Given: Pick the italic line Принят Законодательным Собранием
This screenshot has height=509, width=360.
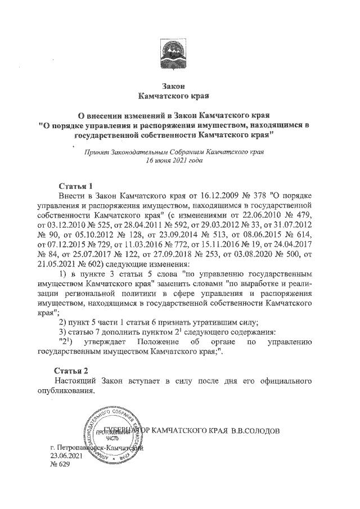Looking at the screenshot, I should pyautogui.click(x=173, y=151).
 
